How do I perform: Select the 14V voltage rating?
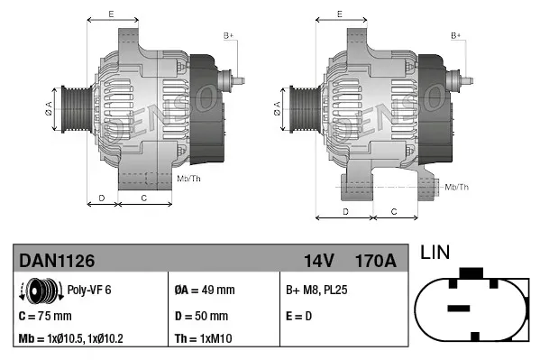[x=318, y=261]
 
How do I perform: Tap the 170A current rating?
[x=376, y=261]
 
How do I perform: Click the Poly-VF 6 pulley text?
[x=89, y=291]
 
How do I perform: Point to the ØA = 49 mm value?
[x=204, y=291]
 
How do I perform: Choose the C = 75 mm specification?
[x=45, y=316]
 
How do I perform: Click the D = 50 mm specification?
[x=201, y=316]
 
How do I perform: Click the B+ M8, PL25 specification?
[x=317, y=291]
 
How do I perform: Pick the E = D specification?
[x=298, y=316]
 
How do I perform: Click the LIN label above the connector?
[x=437, y=254]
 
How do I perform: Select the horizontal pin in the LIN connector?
[x=459, y=309]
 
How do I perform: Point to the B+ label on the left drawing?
[x=228, y=34]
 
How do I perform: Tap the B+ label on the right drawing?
[x=456, y=34]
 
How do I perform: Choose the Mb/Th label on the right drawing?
[x=457, y=187]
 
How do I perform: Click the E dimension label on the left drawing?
[x=111, y=14]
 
